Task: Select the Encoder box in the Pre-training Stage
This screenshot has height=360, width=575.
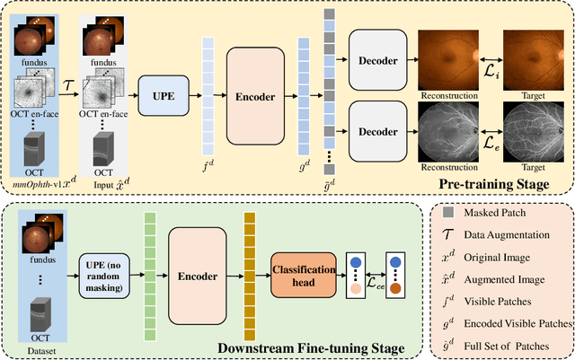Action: pos(254,93)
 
